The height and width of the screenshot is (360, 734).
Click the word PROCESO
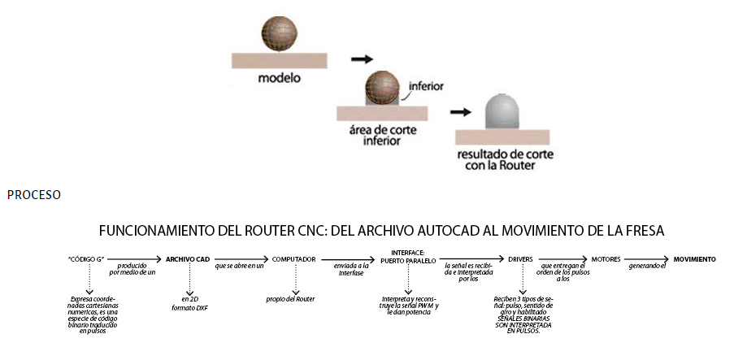coord(33,195)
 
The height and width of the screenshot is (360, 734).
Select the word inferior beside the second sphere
coord(425,85)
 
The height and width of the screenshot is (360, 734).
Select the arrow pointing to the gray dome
coord(461,112)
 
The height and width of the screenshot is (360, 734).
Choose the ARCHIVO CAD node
coord(188,259)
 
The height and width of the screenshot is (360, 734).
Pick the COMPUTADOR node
coord(294,259)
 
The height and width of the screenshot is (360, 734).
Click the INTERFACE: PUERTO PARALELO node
coord(408,256)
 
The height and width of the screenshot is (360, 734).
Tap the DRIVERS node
coord(520,259)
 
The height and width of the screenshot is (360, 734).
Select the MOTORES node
coord(606,259)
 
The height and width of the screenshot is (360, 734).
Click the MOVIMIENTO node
coord(695,259)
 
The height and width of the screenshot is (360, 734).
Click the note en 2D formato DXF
coord(188,303)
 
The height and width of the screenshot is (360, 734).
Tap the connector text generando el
coord(649,267)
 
